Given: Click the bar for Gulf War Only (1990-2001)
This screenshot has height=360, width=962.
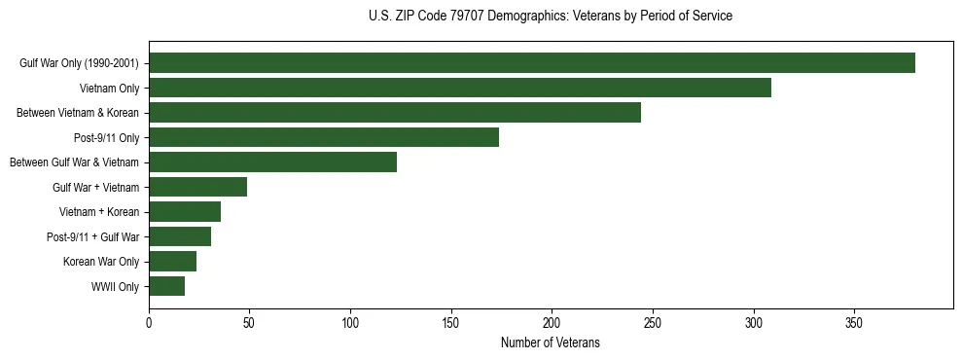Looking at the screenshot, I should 532,63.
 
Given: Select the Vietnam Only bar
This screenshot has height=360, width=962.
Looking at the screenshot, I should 460,88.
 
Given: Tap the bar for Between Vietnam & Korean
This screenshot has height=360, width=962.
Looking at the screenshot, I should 395,113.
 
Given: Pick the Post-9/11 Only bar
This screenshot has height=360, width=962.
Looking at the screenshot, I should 324,137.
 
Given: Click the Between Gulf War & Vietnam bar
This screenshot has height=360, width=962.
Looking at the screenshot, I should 273,162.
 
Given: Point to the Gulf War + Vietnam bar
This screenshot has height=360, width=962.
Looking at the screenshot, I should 198,187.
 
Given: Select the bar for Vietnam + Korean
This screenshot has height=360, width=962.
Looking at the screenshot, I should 185,212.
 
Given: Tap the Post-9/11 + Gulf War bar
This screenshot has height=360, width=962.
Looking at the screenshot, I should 180,236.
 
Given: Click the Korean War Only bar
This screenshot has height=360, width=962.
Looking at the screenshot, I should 173,262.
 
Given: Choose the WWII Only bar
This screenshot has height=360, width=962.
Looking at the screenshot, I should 167,286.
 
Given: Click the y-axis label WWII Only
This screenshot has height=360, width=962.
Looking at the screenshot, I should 115,287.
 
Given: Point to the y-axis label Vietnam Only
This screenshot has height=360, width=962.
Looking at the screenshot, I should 109,89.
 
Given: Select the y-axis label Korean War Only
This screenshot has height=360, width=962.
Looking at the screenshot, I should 101,262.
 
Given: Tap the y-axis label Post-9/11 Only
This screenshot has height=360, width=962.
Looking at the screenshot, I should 107,138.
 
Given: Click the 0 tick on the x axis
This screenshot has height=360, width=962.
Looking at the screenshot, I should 149,322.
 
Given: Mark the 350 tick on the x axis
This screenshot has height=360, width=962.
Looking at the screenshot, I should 854,322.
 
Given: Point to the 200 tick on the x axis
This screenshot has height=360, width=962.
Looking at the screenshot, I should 552,322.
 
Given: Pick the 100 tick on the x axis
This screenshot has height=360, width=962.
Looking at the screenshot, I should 350,322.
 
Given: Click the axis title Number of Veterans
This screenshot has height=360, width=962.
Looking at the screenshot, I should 550,343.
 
